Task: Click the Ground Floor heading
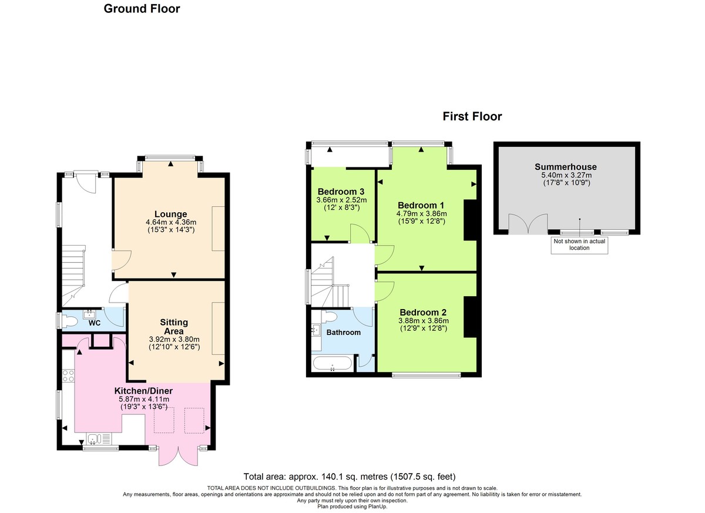click(142, 9)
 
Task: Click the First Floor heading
click(472, 116)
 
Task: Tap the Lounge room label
click(171, 214)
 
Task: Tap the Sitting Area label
click(174, 327)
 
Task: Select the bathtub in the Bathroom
click(333, 363)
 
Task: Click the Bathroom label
click(344, 333)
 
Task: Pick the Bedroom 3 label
click(341, 192)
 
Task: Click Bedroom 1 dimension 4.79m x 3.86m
click(422, 213)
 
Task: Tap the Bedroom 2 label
click(424, 312)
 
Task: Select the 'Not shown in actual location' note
click(579, 244)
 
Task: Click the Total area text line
click(350, 477)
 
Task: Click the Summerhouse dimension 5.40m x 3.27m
click(566, 175)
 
